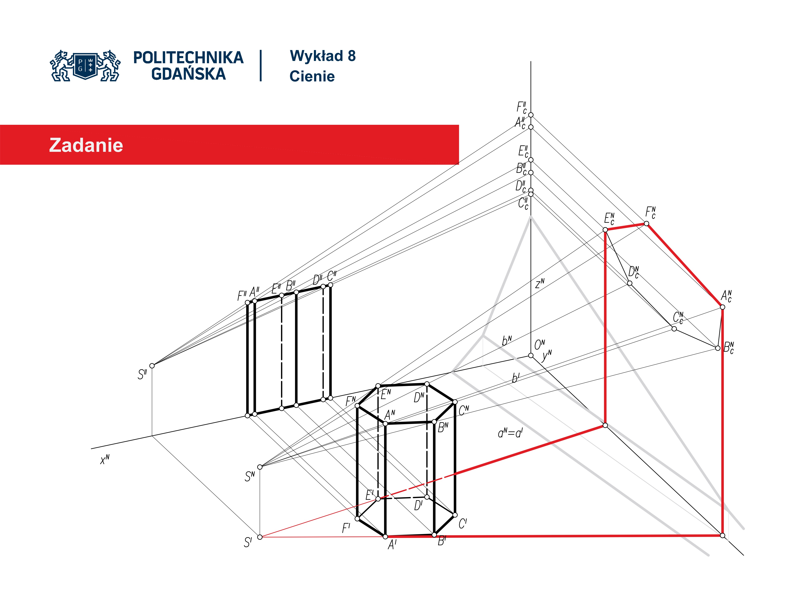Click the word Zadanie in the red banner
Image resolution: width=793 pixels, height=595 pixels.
pos(86,145)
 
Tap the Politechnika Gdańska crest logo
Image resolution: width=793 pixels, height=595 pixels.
pos(85,66)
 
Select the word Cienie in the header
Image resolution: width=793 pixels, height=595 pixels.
pos(312,76)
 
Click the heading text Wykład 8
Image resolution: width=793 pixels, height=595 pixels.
pos(323,56)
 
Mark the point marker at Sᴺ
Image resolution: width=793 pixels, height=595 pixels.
pos(260,467)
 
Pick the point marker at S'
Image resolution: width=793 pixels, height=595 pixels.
pos(260,537)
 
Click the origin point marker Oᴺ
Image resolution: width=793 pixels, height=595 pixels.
pos(531,355)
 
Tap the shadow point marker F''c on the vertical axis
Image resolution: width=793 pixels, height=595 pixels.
pos(531,115)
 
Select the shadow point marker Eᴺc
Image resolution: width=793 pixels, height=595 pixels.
pos(605,230)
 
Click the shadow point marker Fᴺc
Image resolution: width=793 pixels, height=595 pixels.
pos(646,224)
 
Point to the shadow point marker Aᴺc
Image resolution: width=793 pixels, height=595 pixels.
pos(722,307)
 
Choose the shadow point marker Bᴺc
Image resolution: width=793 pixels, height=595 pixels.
pos(717,348)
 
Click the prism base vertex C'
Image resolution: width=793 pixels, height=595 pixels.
pos(455,515)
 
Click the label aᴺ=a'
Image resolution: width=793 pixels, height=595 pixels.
pos(510,433)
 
